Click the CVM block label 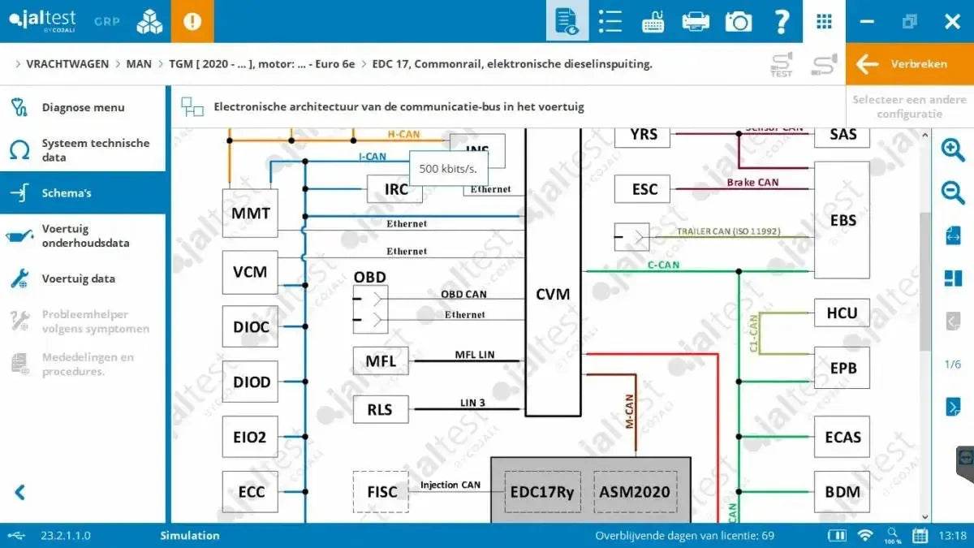point(553,294)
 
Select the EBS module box point(843,220)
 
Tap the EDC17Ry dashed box point(542,491)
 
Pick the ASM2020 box point(634,491)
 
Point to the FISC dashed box point(381,491)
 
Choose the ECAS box point(842,437)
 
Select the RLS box point(380,409)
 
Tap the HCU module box point(842,313)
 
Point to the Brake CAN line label point(752,183)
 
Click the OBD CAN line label point(463,294)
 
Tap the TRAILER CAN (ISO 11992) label point(728,231)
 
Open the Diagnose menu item point(83,107)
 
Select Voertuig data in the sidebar point(78,278)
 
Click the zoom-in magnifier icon point(952,149)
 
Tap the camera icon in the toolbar point(738,21)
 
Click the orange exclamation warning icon point(192,21)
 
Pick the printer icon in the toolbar point(696,21)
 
